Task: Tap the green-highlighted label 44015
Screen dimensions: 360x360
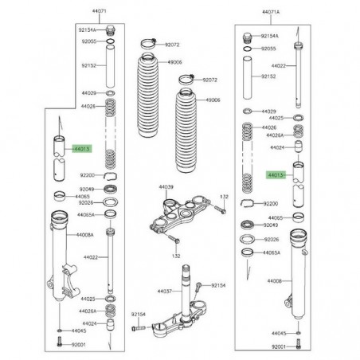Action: click(82, 148)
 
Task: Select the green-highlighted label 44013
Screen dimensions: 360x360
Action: click(276, 174)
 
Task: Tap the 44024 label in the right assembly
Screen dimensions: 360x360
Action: click(276, 147)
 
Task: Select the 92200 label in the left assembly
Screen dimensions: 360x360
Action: click(87, 174)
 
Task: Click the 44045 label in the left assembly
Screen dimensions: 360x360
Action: click(79, 330)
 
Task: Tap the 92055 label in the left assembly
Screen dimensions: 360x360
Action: click(88, 41)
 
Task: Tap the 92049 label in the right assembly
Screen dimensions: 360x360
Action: click(271, 225)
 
